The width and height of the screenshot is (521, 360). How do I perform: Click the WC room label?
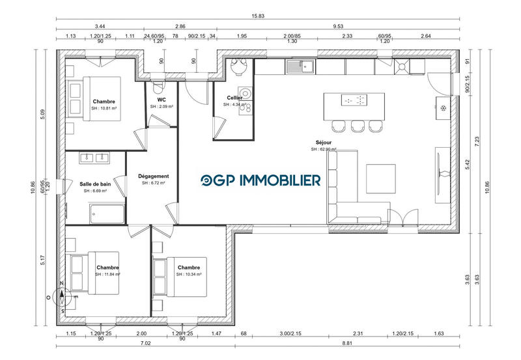coord(162,100)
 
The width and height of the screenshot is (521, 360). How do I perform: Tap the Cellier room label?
coord(234,98)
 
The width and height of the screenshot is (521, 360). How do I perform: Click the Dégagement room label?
coord(154,176)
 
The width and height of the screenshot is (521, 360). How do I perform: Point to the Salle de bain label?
coord(95,185)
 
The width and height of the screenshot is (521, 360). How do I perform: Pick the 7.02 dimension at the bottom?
coord(145,344)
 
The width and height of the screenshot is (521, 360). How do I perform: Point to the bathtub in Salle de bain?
coord(106,212)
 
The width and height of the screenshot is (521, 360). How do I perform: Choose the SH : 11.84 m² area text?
coord(107,275)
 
